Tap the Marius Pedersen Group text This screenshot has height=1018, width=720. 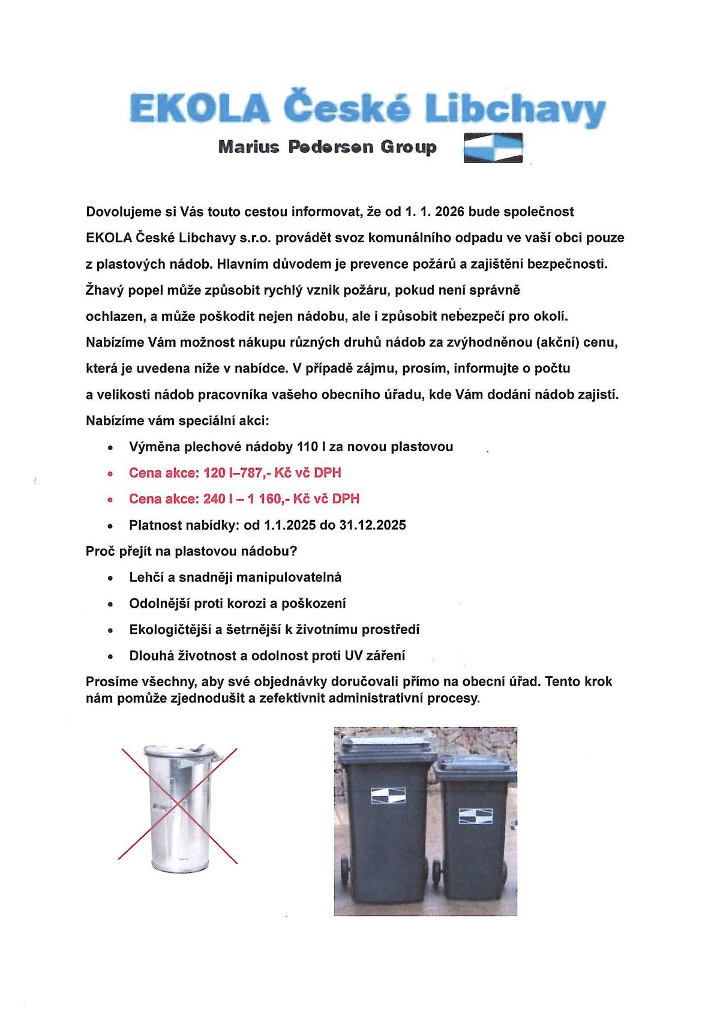(x=327, y=147)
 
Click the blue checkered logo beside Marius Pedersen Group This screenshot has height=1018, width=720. (x=493, y=148)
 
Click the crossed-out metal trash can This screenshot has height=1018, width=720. (x=179, y=804)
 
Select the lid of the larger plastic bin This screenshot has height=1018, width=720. (x=387, y=746)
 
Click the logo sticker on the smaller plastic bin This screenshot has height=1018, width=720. (x=475, y=816)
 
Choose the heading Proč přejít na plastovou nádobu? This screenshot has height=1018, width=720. (x=192, y=551)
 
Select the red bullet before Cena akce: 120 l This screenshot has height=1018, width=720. (x=110, y=474)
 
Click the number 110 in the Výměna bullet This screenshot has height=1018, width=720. (x=308, y=447)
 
